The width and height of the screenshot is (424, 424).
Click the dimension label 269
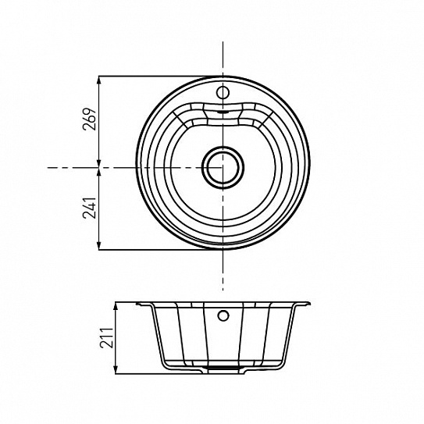pyautogui.click(x=90, y=119)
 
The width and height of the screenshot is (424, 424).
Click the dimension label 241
pyautogui.click(x=90, y=208)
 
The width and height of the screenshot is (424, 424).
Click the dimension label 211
pyautogui.click(x=106, y=338)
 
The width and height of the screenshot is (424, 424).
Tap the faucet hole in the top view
pyautogui.click(x=223, y=92)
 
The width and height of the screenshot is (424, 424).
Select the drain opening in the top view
pyautogui.click(x=223, y=168)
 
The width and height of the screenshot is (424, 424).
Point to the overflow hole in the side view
pyautogui.click(x=223, y=315)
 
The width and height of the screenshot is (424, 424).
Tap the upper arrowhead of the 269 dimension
pyautogui.click(x=99, y=80)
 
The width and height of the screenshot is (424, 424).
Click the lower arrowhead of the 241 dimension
pyautogui.click(x=99, y=245)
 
